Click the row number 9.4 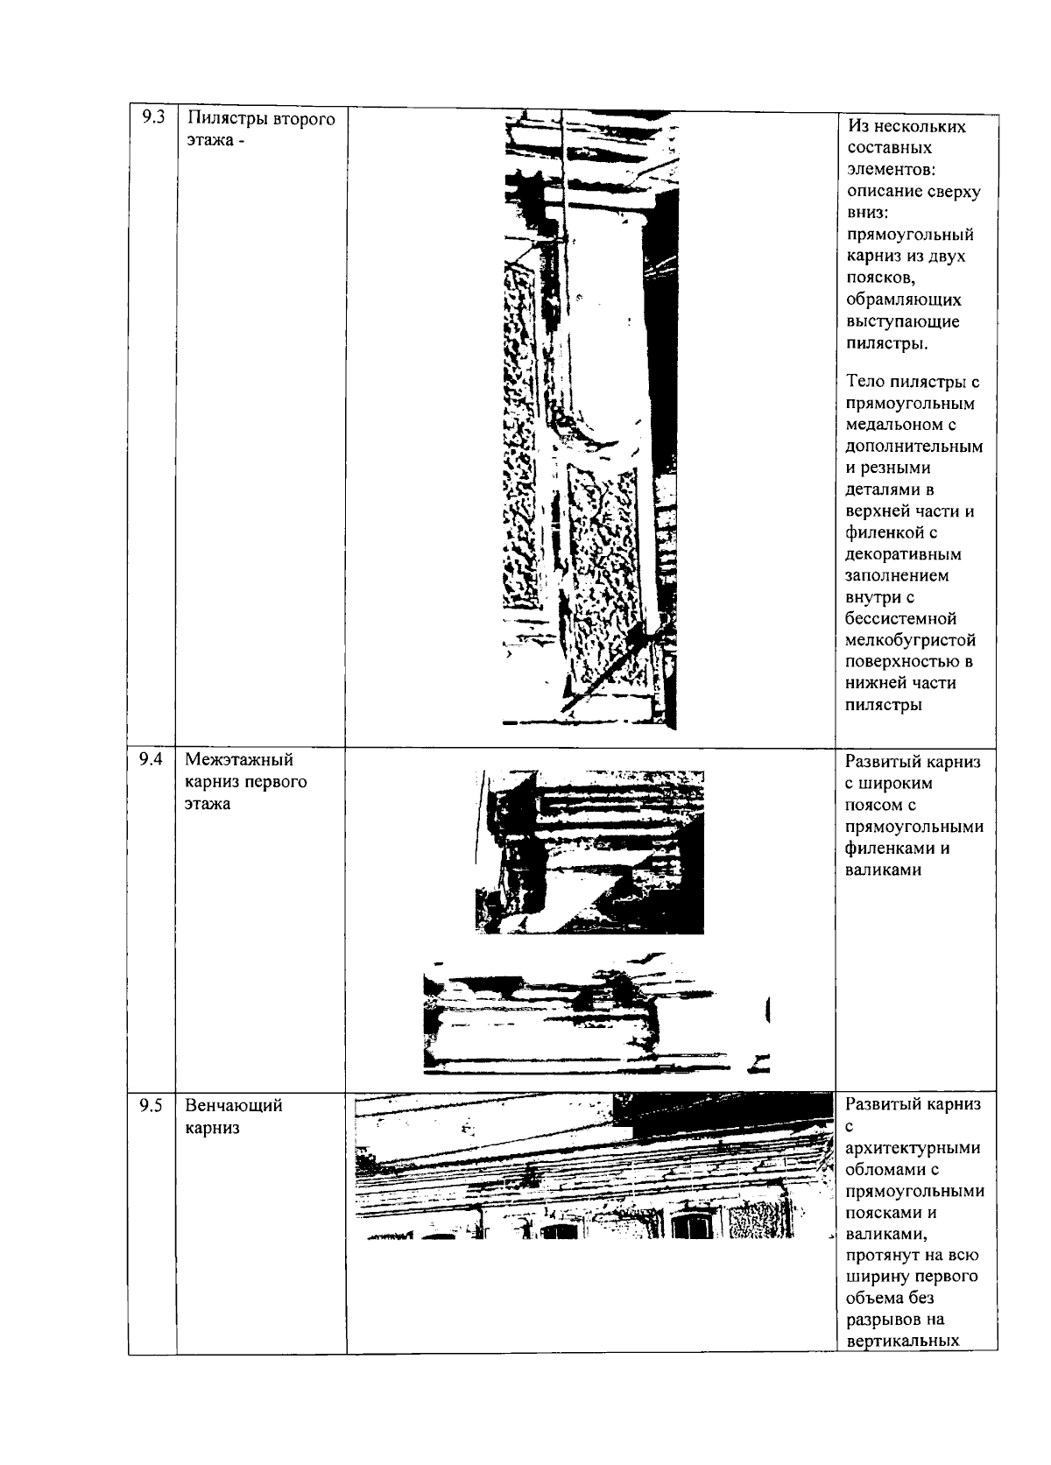[152, 759]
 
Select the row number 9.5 [152, 1105]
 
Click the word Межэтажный [238, 760]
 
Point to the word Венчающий [233, 1106]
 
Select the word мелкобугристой [911, 640]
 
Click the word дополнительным [914, 447]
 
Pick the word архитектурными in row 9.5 [913, 1148]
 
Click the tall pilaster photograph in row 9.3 [589, 420]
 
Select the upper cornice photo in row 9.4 [589, 851]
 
